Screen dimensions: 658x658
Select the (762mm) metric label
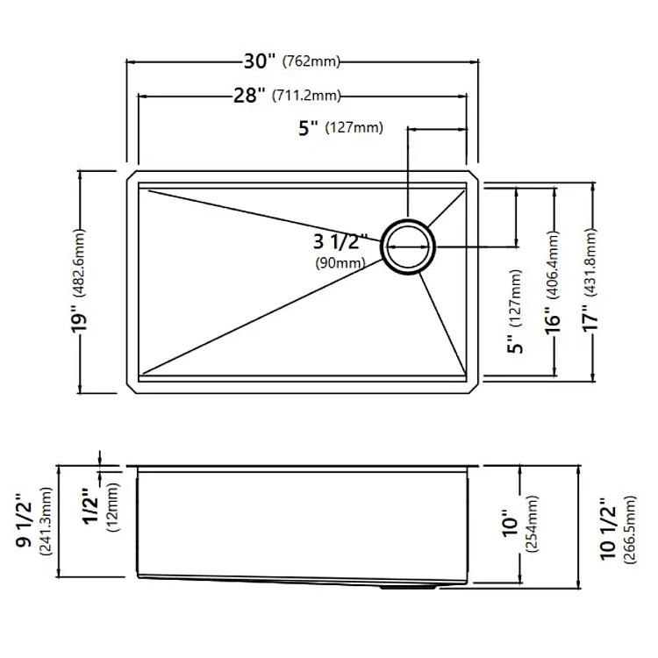coord(311,61)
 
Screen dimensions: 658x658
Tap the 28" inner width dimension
coord(250,96)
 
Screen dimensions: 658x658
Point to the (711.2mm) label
coord(306,97)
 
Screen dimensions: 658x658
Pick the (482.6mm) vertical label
coord(79,263)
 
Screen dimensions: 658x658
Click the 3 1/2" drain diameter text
coord(340,242)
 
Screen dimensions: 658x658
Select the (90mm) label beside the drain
coord(340,263)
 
